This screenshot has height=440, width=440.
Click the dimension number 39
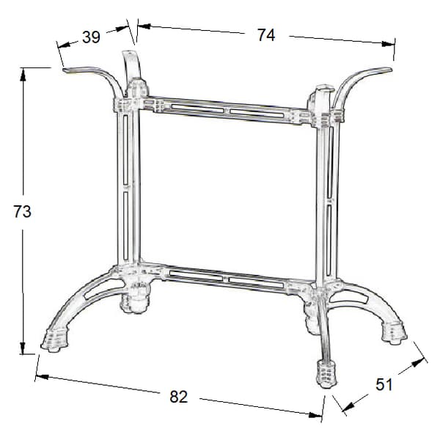point(91,37)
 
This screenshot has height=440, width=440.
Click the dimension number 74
point(266,35)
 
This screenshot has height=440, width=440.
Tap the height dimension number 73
point(23,212)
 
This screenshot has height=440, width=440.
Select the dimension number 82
point(178,397)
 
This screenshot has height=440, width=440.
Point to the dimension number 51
point(384,384)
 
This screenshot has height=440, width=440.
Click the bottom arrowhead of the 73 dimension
point(23,348)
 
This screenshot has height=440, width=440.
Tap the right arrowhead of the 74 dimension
point(388,43)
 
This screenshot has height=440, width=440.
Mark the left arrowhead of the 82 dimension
point(42,377)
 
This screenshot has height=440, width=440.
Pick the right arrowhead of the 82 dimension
point(315,415)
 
